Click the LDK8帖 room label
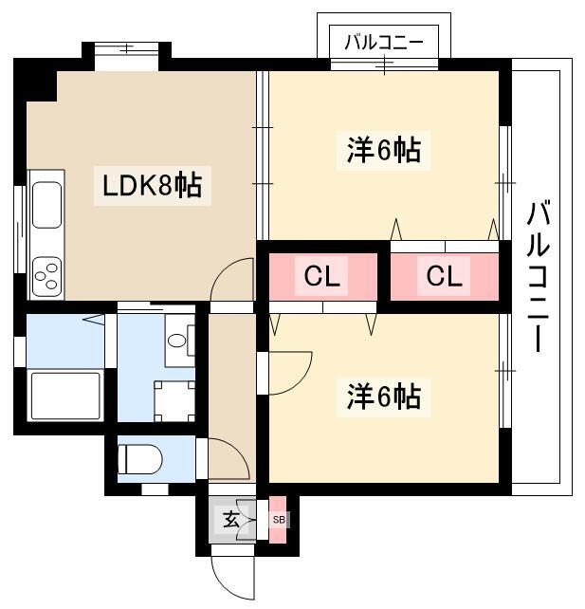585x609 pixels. (x=152, y=186)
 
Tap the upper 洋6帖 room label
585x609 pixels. (x=384, y=150)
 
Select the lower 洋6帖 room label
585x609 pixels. (x=384, y=397)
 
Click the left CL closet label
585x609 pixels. (x=321, y=276)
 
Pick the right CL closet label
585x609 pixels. (x=444, y=276)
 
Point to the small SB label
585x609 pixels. (x=279, y=519)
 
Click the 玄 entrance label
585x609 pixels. (x=230, y=520)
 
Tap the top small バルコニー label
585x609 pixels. (x=384, y=43)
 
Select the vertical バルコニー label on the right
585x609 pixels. (x=538, y=277)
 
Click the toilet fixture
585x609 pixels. (x=139, y=459)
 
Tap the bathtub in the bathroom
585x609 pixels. (x=65, y=396)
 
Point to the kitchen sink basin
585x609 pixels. (x=46, y=205)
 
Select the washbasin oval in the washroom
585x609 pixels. (x=176, y=341)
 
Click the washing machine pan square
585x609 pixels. (x=174, y=401)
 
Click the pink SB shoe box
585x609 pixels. (x=278, y=520)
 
